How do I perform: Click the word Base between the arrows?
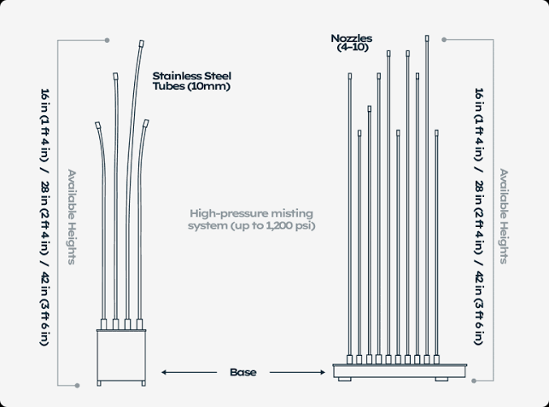(x=243, y=372)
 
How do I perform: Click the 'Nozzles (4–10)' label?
(x=352, y=43)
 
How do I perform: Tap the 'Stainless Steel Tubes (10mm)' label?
(x=192, y=81)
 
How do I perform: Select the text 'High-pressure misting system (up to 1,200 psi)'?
(x=251, y=219)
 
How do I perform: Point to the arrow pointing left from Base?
(x=189, y=372)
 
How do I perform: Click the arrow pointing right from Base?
(x=297, y=372)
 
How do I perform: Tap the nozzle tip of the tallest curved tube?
(x=142, y=44)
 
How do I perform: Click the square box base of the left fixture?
(x=121, y=355)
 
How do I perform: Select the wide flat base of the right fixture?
(x=400, y=370)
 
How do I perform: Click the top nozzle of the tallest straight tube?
(x=427, y=38)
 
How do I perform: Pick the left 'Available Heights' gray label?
(x=72, y=217)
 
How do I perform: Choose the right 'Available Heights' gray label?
(x=504, y=216)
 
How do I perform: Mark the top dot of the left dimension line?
(x=107, y=40)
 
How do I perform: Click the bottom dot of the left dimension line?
(x=78, y=386)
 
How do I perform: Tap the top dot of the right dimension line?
(x=444, y=40)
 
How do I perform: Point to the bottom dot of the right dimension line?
(x=474, y=381)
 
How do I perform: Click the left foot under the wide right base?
(x=345, y=379)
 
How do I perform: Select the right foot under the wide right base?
(x=441, y=379)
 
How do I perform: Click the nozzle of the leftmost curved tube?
(x=97, y=125)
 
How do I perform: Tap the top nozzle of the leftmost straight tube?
(x=350, y=76)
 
